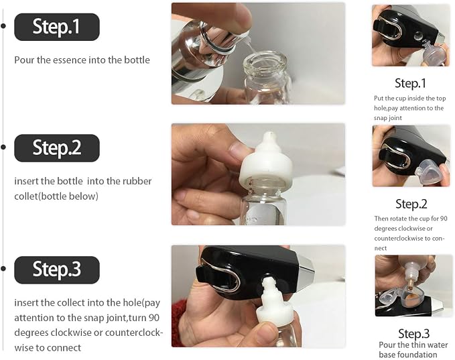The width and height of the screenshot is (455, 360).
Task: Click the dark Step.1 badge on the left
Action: pos(57,27)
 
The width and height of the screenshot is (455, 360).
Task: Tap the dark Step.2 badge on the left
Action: pos(57,148)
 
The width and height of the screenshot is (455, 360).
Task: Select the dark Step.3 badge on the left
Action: pos(57,269)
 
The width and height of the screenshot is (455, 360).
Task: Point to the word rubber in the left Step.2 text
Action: pos(137,181)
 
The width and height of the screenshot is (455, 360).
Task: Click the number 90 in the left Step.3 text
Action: pos(153,318)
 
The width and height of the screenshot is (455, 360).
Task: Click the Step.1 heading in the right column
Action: pos(410,83)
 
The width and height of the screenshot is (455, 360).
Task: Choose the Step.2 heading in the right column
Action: pos(411,204)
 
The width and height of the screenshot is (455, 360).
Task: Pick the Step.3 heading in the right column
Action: pos(413,334)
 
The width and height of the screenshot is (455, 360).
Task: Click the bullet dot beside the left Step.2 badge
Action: pos(3,147)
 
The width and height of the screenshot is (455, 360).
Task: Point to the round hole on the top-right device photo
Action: pos(418,36)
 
